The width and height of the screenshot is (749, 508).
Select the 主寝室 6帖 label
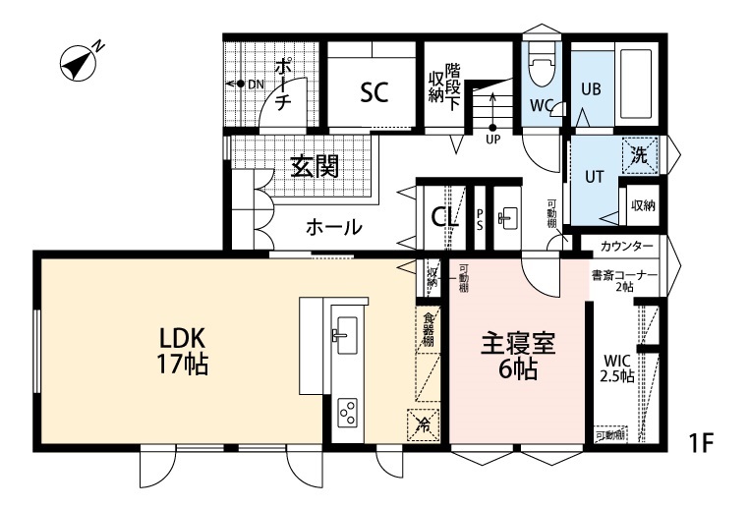coord(518,357)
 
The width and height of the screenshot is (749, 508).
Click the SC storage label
coord(374,93)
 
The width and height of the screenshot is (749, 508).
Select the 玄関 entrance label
coord(315,166)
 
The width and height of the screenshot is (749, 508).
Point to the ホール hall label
coord(333,228)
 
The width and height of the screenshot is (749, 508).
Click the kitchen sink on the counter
coord(346,336)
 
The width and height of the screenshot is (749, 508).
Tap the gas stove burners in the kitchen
coord(347,414)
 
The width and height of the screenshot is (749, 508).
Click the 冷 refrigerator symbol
coord(424,425)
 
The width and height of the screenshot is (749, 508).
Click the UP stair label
coord(492,139)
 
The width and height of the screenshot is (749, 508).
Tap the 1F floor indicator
coord(701,443)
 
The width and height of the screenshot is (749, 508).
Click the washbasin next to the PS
coord(508,218)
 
